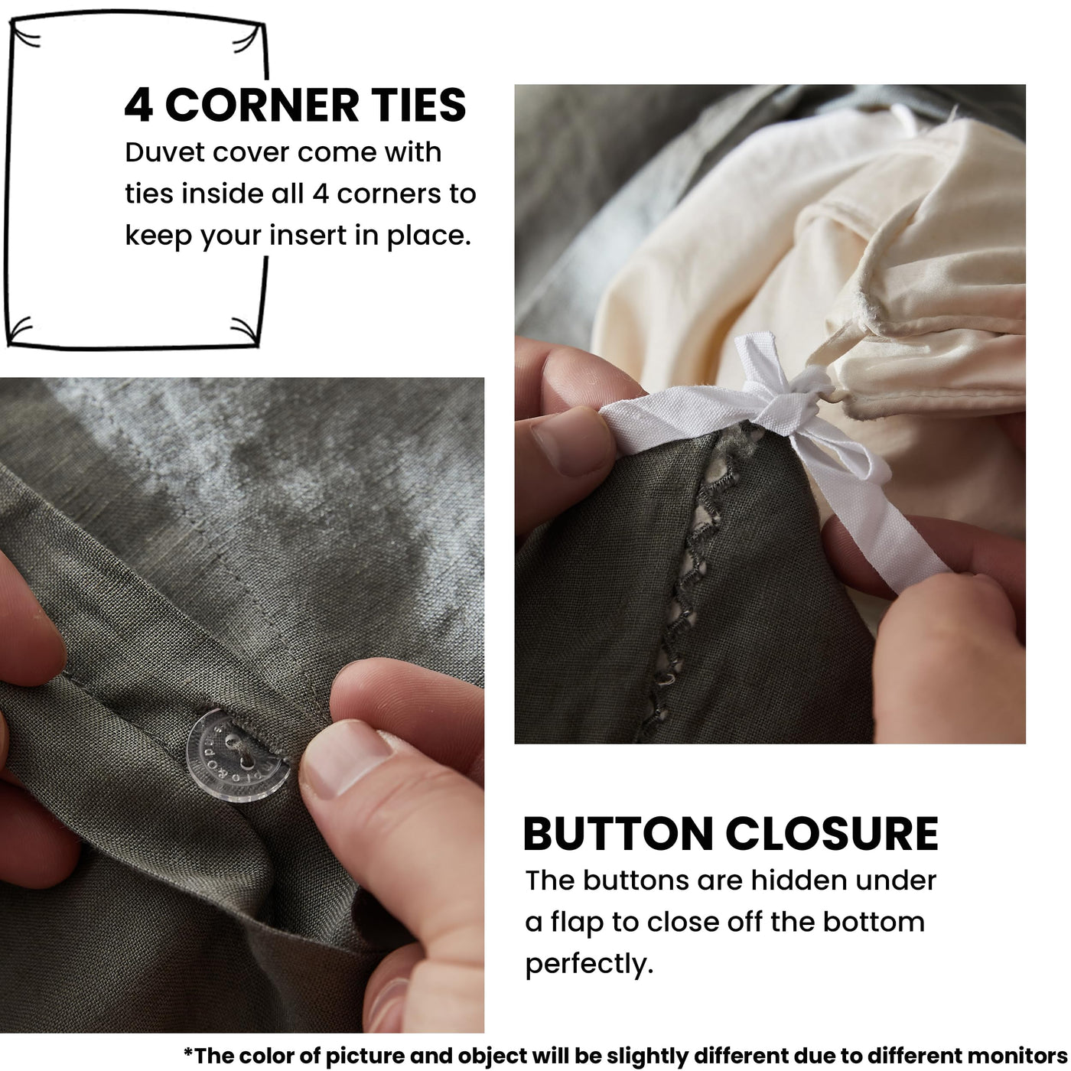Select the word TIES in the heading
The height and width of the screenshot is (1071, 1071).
418,105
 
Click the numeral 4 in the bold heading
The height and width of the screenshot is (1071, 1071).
138,105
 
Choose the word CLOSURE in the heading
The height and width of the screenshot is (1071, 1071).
832,835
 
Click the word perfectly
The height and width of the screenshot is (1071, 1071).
589,965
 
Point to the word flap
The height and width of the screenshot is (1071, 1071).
576,923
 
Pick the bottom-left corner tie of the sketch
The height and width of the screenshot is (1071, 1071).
19,330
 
